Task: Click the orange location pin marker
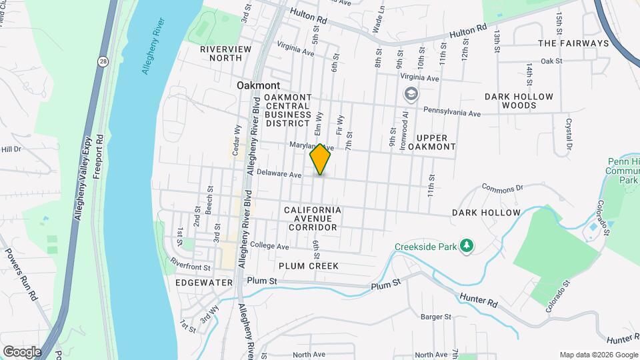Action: coord(321,159)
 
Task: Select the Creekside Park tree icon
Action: coord(467,246)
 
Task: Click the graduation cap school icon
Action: coord(409,95)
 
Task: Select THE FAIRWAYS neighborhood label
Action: coord(573,43)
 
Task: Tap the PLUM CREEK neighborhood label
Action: coord(309,266)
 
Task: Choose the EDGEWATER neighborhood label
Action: coord(204,283)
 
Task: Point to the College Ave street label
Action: coord(270,247)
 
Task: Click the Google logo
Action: coord(22,351)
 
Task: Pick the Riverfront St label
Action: coord(190,265)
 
